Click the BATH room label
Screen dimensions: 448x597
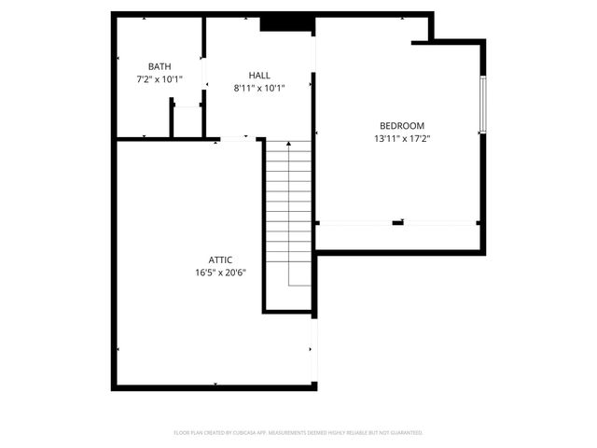(x=160, y=66)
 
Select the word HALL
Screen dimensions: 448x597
(x=259, y=75)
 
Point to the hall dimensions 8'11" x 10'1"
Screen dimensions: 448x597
(x=259, y=88)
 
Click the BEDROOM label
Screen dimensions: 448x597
(x=401, y=126)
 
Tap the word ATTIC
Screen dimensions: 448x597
(x=220, y=260)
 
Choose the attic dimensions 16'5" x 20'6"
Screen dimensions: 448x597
(x=220, y=273)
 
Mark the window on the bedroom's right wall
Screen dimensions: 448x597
(x=483, y=105)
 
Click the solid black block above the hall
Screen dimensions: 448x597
(x=278, y=24)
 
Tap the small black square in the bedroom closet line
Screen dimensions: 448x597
(x=398, y=223)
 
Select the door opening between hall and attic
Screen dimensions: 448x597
(x=234, y=139)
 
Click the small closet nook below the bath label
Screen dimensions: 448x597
(x=187, y=121)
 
